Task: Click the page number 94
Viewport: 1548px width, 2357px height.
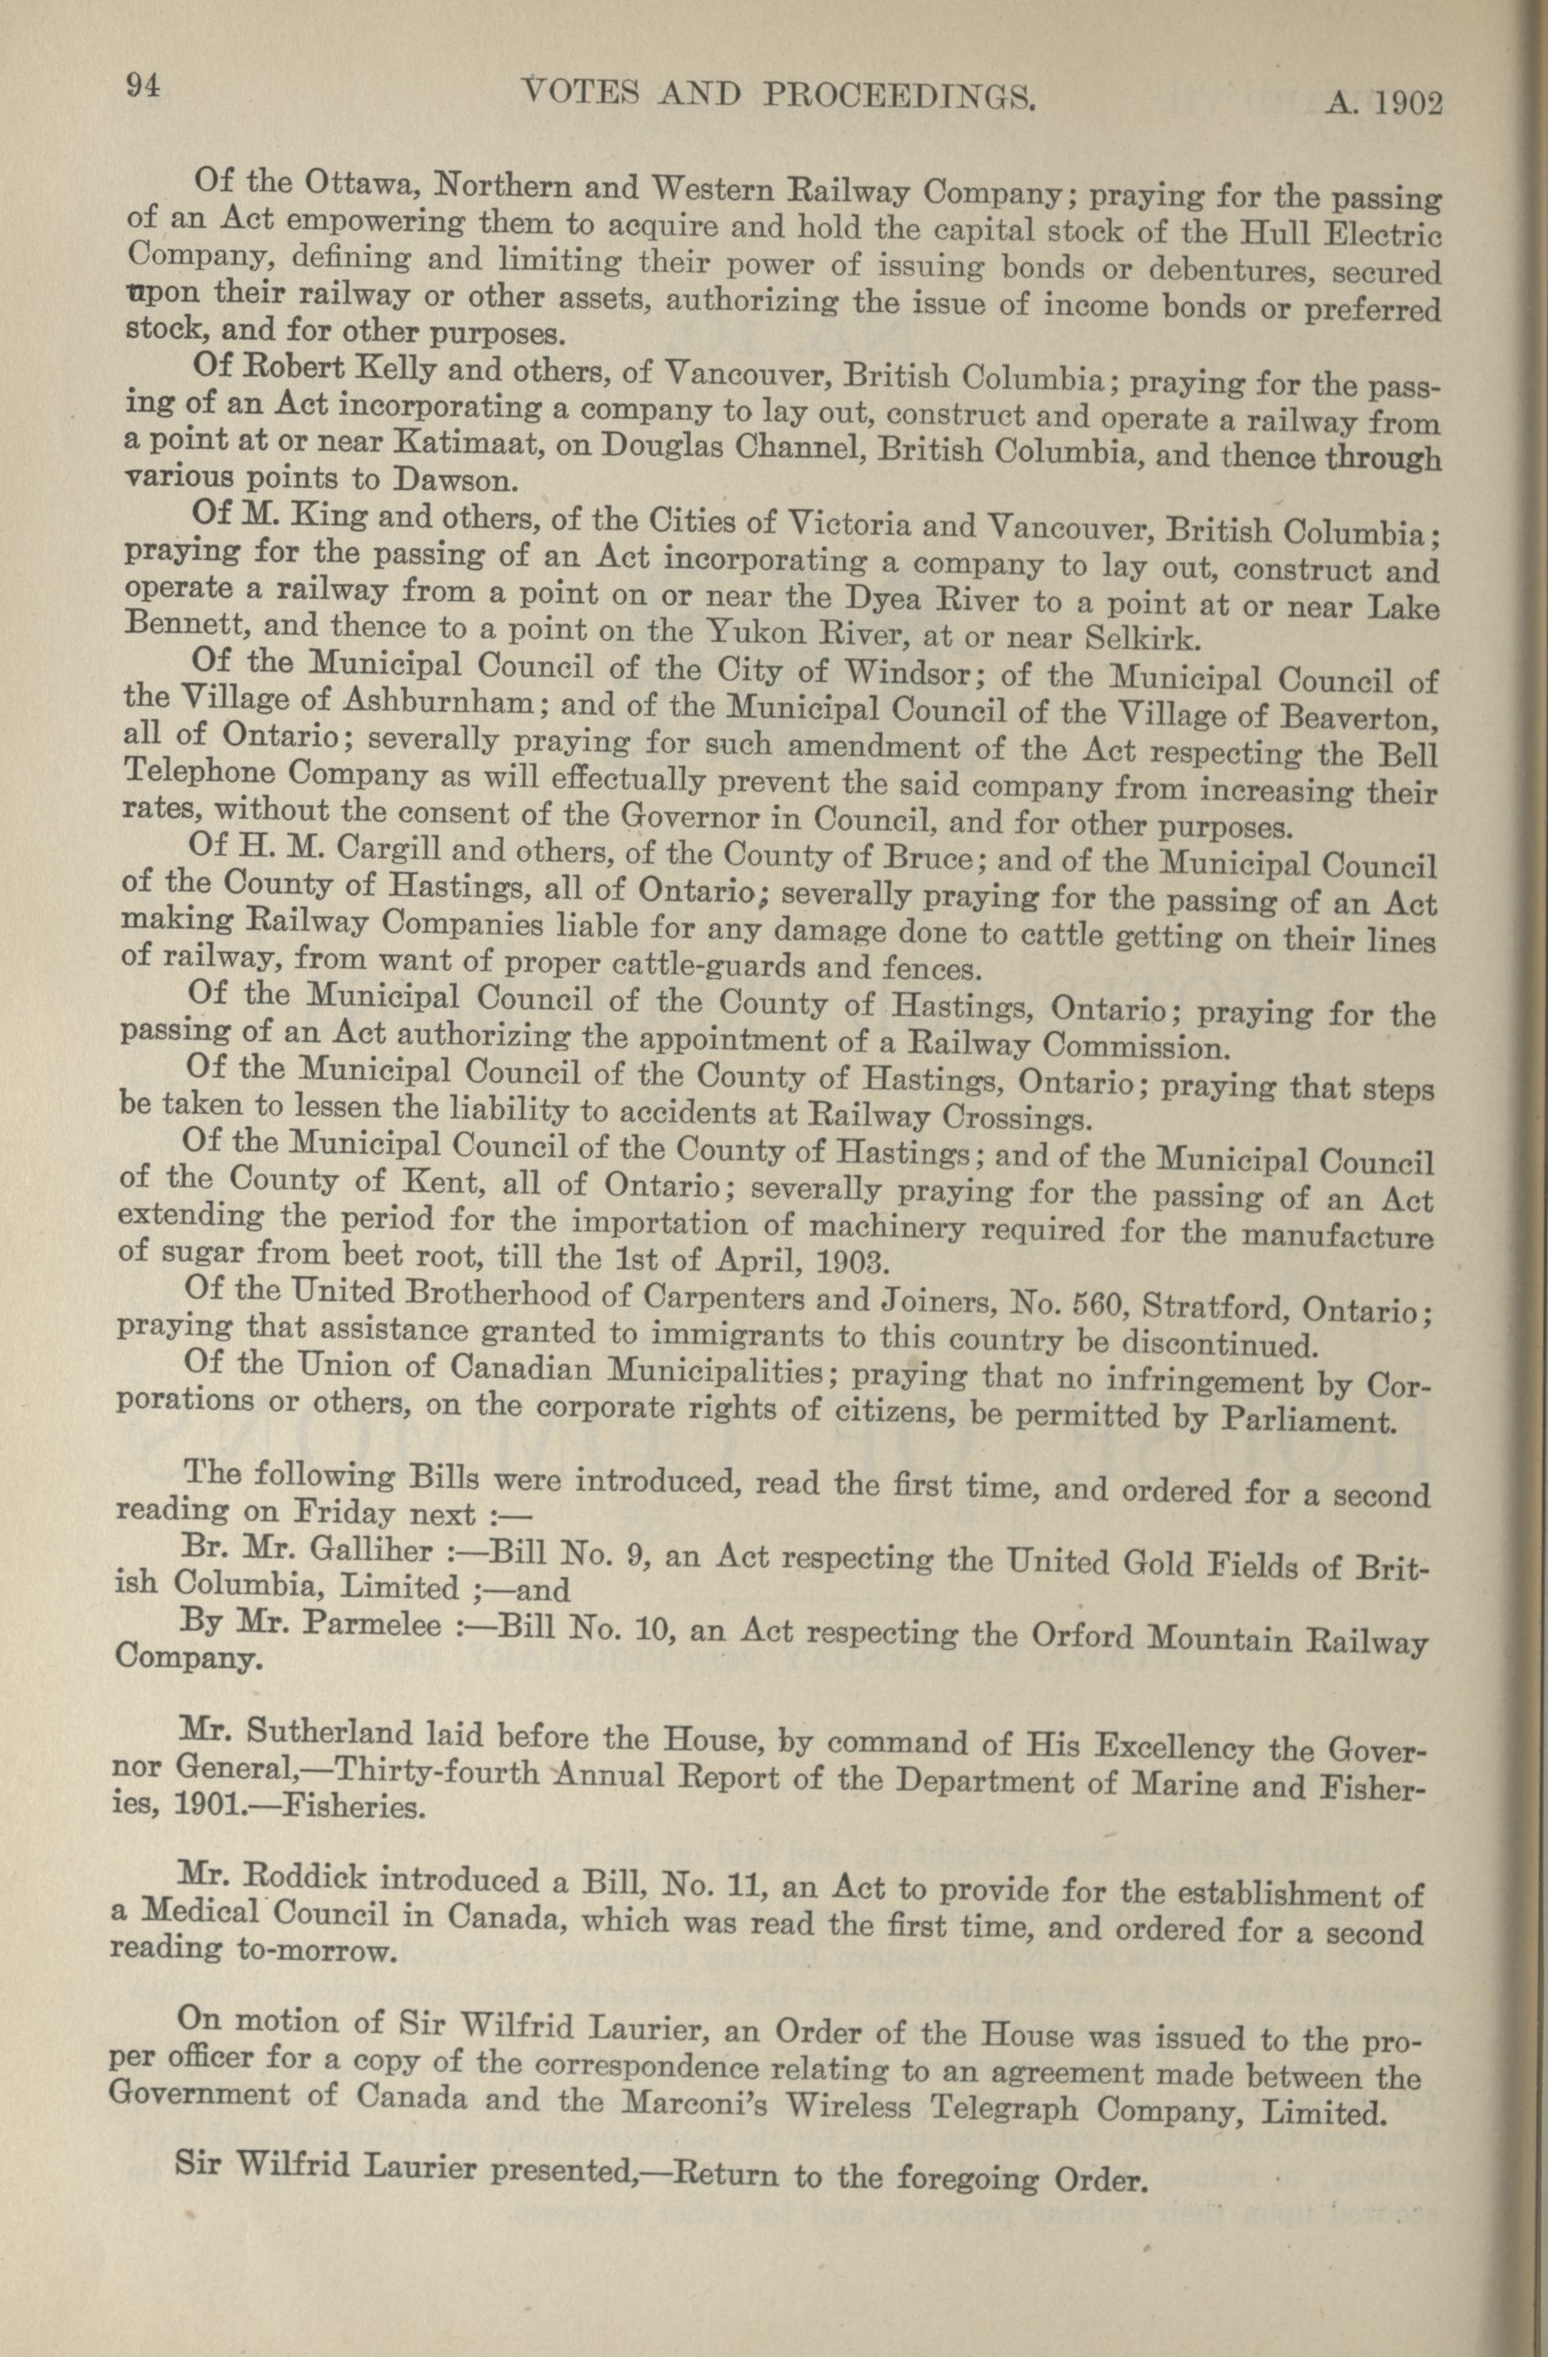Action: click(142, 86)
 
